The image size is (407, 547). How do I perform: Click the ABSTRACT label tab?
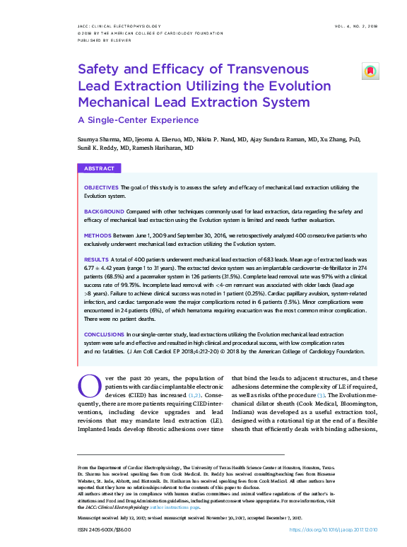coord(99,169)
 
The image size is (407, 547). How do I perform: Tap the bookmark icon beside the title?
coord(370,71)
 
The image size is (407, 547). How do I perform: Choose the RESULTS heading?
coord(96,261)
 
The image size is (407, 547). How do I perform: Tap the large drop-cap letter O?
coord(88,386)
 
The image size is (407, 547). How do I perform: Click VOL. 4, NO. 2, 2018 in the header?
coord(356,25)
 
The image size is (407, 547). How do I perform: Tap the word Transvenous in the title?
coord(264,69)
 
